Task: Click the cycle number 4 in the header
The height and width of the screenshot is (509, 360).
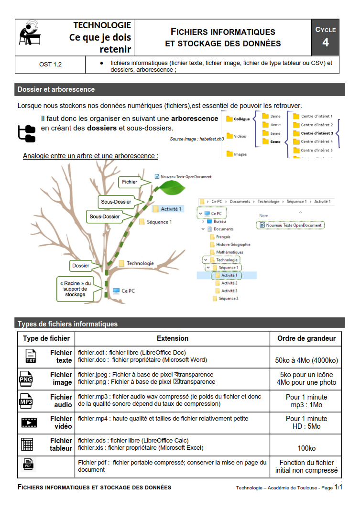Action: [325, 43]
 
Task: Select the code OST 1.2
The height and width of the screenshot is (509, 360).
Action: [50, 64]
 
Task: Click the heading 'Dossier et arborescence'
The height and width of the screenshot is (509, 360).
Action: [56, 89]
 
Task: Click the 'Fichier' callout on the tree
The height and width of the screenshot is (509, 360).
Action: [130, 182]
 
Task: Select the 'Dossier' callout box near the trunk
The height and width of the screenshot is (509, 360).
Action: [80, 265]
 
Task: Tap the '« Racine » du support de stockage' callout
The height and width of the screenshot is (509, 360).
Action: [75, 289]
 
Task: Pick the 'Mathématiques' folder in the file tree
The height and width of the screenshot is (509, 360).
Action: [229, 252]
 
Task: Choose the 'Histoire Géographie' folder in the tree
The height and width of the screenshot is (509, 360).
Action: [233, 244]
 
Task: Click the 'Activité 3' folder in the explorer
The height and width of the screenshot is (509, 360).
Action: [229, 291]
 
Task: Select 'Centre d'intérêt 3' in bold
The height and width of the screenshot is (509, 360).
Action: [317, 133]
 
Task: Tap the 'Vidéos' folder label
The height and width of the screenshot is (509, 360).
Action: [240, 136]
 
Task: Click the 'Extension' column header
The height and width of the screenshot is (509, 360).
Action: [172, 338]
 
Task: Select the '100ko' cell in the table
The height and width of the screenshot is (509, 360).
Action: [306, 448]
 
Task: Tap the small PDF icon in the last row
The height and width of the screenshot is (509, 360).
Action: [28, 464]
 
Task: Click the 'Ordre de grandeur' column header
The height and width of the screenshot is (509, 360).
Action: [306, 338]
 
